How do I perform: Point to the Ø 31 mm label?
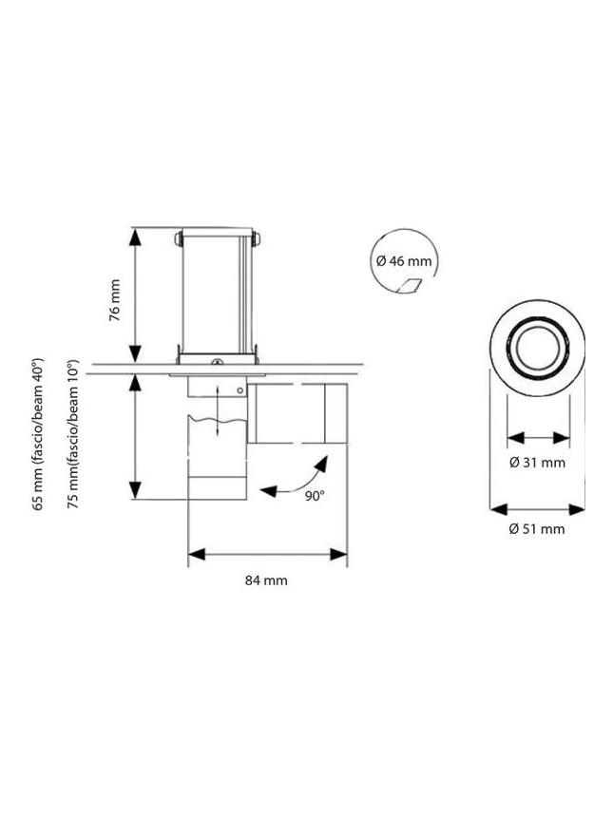(x=537, y=463)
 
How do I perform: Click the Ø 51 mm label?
(x=537, y=528)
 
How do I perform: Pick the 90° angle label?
(x=314, y=495)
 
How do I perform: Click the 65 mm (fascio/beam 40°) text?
(x=39, y=434)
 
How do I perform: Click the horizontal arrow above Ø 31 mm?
(x=537, y=438)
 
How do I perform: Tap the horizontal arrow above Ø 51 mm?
(x=537, y=508)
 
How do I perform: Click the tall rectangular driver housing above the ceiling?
(x=218, y=291)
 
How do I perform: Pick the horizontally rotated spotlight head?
(x=297, y=413)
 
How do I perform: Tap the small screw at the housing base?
(x=217, y=362)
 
